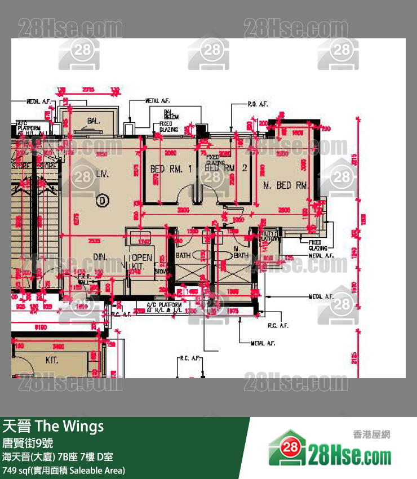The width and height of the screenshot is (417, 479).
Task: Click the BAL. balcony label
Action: click(93, 121)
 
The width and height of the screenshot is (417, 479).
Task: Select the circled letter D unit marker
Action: click(102, 199)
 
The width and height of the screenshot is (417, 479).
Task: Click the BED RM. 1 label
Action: click(171, 169)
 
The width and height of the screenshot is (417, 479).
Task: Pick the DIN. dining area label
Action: click(100, 257)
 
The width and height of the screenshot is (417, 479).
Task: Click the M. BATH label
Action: click(241, 252)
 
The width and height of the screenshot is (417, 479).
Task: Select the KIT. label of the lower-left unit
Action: click(52, 360)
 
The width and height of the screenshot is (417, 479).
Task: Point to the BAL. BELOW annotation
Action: click(171, 114)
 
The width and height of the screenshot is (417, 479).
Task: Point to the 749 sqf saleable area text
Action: click(64, 470)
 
